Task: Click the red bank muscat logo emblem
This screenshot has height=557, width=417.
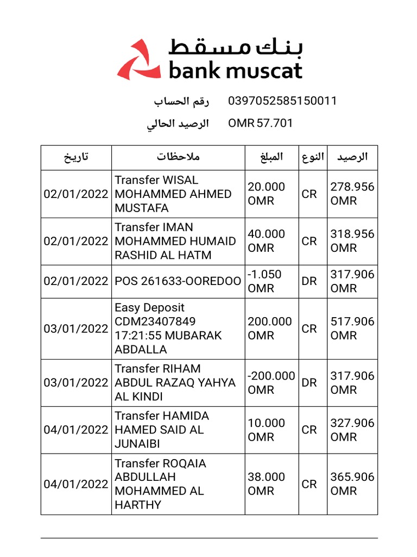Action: tap(139, 59)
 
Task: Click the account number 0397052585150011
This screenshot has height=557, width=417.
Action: tap(282, 101)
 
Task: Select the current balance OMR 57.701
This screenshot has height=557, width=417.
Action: tap(260, 123)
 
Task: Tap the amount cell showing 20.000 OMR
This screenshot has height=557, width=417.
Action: tap(266, 194)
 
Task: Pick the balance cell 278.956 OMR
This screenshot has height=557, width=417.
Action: tap(352, 194)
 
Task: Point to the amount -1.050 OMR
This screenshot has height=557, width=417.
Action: tap(264, 281)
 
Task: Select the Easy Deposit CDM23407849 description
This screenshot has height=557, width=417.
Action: tap(168, 329)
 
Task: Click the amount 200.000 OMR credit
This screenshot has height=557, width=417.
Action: tap(270, 329)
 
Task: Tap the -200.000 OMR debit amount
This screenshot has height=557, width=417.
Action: tap(271, 382)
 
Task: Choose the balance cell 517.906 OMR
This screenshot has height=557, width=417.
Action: tap(352, 329)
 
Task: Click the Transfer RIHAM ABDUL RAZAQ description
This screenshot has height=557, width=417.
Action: tap(175, 382)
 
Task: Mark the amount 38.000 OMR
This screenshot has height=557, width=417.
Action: tap(266, 484)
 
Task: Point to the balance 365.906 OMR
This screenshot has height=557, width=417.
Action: tap(352, 484)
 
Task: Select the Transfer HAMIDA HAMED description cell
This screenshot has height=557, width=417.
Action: tap(162, 430)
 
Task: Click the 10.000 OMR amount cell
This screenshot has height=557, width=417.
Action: tap(266, 430)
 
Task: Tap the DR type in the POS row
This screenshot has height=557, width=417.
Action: tap(309, 281)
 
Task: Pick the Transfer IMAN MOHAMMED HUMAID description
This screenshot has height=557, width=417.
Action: tap(175, 241)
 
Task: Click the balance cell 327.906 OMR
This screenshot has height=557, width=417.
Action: tap(352, 430)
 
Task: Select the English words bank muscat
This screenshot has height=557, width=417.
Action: tap(235, 71)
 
